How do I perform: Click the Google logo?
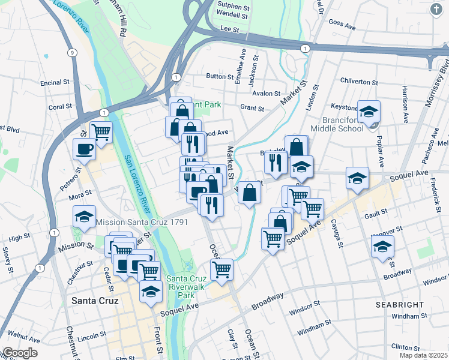pyautogui.click(x=19, y=353)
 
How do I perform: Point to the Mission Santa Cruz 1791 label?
pyautogui.click(x=142, y=222)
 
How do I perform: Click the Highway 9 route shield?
pyautogui.click(x=71, y=53)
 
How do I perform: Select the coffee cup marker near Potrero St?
pyautogui.click(x=84, y=148)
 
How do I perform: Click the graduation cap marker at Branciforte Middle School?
pyautogui.click(x=369, y=111)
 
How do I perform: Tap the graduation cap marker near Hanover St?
pyautogui.click(x=382, y=247)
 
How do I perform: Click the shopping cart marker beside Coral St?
pyautogui.click(x=101, y=131)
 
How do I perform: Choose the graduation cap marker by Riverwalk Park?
pyautogui.click(x=151, y=291)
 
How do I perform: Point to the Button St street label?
pyautogui.click(x=219, y=76)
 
